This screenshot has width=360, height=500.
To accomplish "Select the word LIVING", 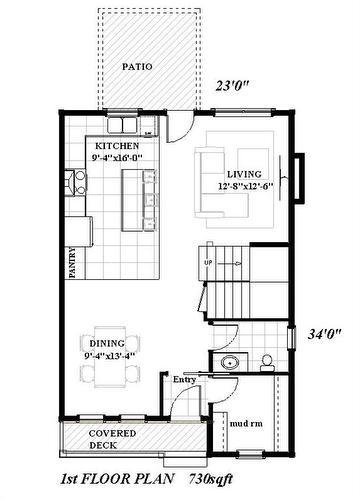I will click(244, 173).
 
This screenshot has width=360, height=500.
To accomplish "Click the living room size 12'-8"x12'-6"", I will click(246, 185).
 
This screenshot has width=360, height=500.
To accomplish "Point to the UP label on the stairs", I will click(208, 264).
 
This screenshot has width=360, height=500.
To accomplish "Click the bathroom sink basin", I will click(228, 362).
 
